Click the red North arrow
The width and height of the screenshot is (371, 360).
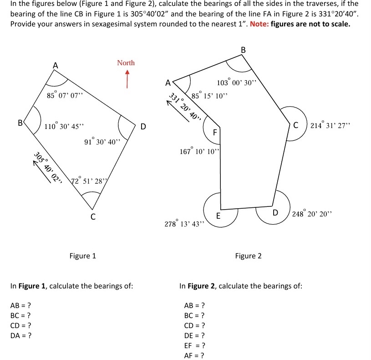point(127,78)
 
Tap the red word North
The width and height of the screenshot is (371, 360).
point(126,62)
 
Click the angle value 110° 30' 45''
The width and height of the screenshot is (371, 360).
point(64,126)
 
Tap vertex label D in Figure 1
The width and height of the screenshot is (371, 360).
point(143,126)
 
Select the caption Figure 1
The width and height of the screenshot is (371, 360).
point(82,256)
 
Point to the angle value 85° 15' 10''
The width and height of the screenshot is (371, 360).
point(209,96)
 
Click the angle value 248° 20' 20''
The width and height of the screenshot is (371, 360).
point(313,213)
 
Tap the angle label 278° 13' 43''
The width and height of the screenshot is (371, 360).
point(185,224)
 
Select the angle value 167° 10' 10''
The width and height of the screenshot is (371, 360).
point(200,151)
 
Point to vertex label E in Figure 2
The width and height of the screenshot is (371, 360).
point(219,216)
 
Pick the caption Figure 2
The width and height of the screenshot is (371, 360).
point(248,256)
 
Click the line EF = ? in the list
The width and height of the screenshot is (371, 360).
point(193,346)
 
